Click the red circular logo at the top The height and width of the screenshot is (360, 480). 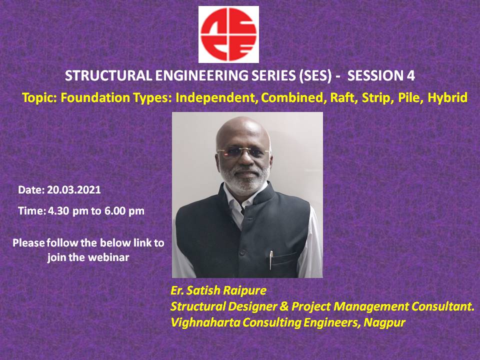(228, 34)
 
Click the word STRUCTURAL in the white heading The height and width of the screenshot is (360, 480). (108, 75)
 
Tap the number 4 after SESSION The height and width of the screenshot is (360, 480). (411, 75)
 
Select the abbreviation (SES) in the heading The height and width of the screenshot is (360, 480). (315, 75)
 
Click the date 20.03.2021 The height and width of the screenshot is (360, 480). (74, 190)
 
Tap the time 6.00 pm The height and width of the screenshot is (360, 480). (124, 211)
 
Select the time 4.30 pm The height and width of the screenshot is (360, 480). (68, 211)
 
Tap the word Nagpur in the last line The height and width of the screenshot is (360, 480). (384, 322)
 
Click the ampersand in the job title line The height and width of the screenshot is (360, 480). (284, 306)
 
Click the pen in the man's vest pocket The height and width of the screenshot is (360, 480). (271, 260)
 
